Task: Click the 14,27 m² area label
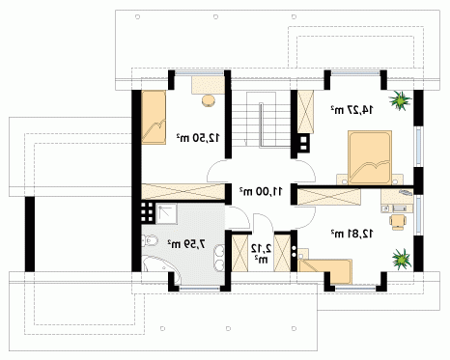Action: [352, 110]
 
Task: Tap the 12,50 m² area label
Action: [198, 138]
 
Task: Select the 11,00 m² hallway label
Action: [261, 191]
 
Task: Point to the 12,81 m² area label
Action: [352, 234]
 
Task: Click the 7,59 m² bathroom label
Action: [186, 244]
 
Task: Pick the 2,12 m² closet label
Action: [261, 253]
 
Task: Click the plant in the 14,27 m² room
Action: [400, 100]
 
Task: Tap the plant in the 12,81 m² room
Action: [402, 259]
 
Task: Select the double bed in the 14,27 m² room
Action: [370, 157]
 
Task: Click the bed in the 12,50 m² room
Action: [154, 117]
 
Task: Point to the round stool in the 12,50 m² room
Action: [209, 100]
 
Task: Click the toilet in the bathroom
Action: [150, 241]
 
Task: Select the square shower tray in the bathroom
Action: [166, 213]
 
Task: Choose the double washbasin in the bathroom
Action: [220, 258]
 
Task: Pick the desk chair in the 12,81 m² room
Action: [398, 222]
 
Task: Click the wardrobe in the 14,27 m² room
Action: [305, 112]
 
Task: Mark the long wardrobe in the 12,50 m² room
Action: [183, 191]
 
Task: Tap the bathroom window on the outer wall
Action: [199, 289]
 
